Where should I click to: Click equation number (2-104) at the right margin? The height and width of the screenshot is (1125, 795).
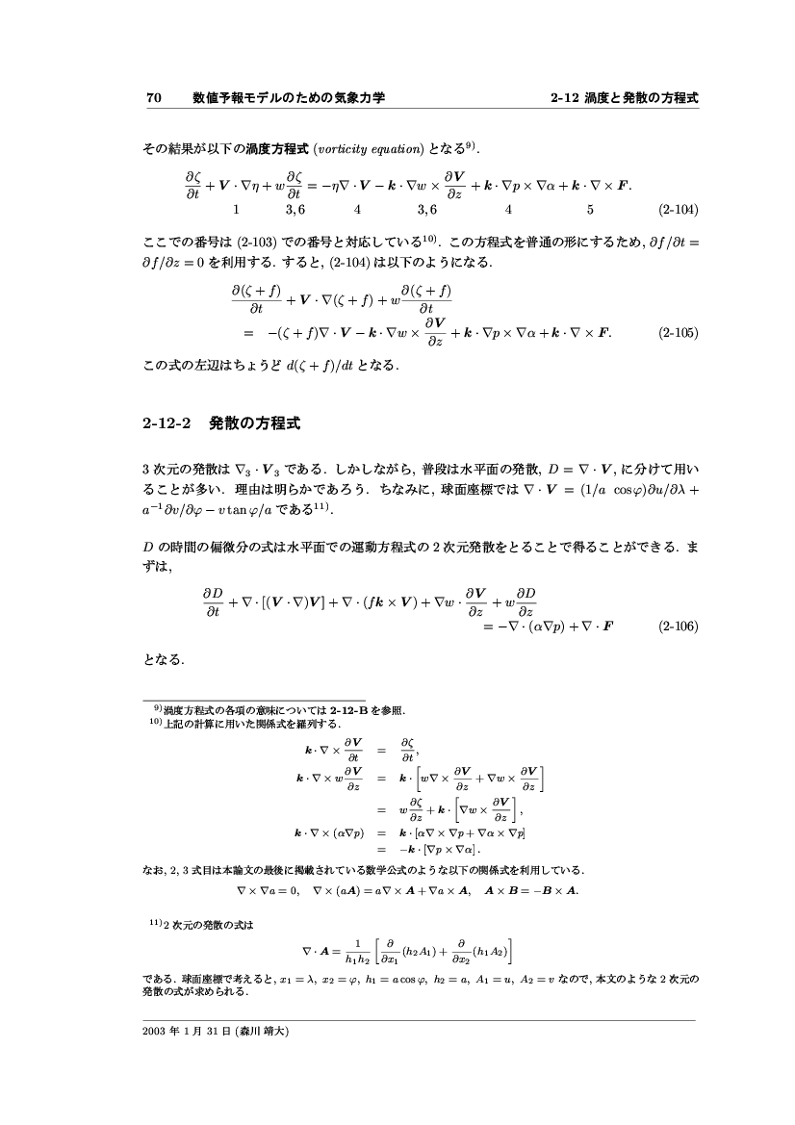678,208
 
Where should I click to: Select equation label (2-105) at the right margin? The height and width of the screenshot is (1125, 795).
678,333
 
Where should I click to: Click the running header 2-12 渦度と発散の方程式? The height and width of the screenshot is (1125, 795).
624,97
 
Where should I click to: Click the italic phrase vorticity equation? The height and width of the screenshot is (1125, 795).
369,149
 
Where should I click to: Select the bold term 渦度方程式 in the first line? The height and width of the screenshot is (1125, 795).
275,149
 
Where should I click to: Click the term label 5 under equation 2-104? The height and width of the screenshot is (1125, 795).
589,208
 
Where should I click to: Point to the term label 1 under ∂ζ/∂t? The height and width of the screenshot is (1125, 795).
236,208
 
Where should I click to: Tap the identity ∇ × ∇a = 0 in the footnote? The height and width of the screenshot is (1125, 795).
269,890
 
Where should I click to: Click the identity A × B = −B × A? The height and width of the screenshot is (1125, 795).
531,890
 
